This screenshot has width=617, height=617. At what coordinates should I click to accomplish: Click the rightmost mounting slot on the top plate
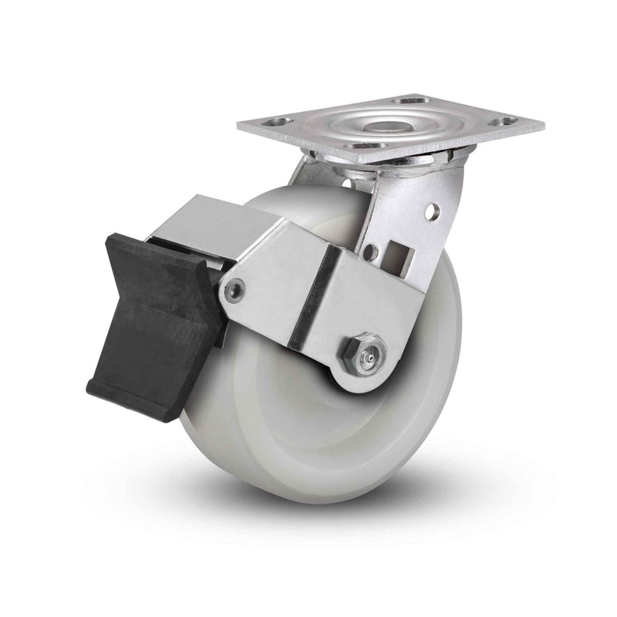(505, 121)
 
